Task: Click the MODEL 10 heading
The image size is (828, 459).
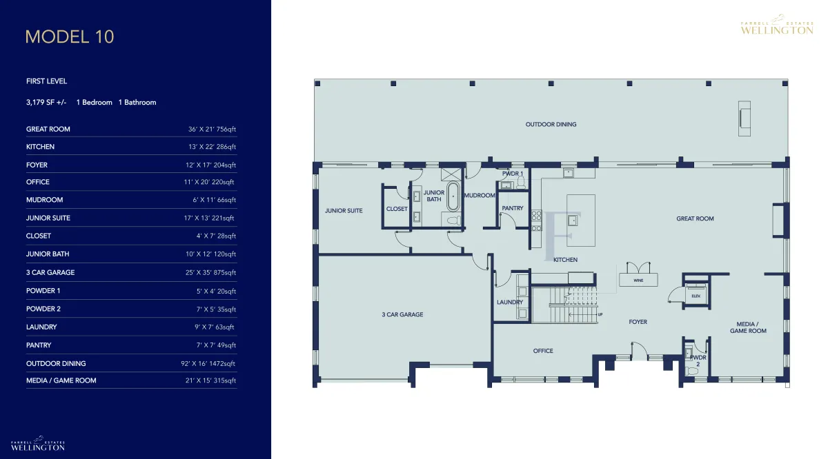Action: point(70,37)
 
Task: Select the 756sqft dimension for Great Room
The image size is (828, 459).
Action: point(226,130)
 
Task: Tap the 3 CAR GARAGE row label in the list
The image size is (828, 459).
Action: point(50,272)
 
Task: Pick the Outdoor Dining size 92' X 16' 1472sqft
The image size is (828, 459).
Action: point(208,364)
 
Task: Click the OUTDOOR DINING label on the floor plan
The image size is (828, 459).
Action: point(551,125)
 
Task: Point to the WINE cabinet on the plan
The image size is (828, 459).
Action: point(638,280)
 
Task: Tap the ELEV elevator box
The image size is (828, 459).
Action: point(696,296)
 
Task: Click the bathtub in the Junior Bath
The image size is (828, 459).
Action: point(453,196)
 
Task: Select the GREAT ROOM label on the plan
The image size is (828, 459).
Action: point(695,218)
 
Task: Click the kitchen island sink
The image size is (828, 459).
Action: point(573,220)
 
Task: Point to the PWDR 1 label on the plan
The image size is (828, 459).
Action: point(512,173)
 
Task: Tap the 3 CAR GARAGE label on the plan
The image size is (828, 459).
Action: point(402,315)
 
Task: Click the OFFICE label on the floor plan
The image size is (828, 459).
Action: point(543,351)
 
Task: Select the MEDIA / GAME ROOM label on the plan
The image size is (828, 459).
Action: point(748,327)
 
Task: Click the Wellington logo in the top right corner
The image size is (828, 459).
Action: point(777,25)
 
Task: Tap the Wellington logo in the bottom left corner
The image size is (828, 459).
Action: point(38,443)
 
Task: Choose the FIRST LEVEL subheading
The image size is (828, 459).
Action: point(47,81)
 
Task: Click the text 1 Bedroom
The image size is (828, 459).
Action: point(95,103)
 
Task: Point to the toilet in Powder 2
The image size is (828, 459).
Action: point(691,370)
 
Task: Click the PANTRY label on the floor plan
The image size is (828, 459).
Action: point(512,208)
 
